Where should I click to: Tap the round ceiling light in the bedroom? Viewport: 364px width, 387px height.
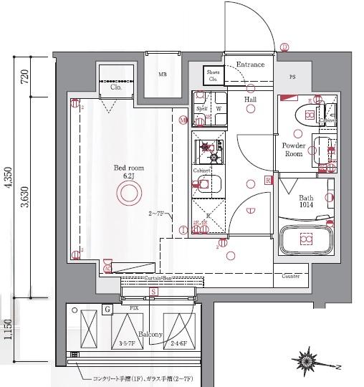130,193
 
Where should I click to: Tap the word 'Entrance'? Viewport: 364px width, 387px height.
250,64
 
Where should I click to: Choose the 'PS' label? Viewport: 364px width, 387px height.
292,77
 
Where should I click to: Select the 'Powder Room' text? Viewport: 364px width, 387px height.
294,149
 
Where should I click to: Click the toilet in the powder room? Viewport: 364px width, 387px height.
307,114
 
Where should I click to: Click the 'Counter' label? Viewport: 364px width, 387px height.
290,276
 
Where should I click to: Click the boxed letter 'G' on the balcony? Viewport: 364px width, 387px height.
107,310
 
